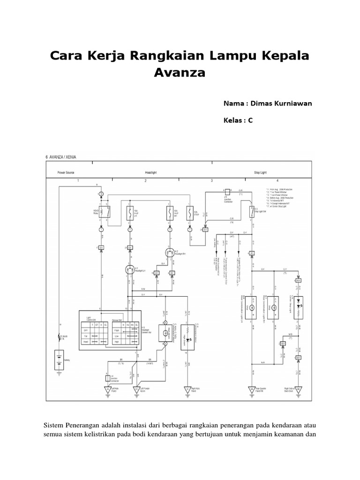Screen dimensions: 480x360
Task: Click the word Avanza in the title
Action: (180, 73)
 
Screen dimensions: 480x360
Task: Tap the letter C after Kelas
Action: (250, 120)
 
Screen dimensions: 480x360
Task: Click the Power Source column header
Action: (66, 172)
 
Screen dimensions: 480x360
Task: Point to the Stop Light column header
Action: (261, 172)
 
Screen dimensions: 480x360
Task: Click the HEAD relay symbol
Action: (107, 212)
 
